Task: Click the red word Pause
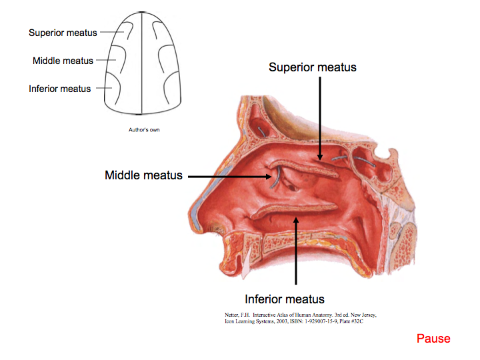433,339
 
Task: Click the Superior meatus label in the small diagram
63,33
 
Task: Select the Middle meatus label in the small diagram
64,61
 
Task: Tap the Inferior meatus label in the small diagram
60,89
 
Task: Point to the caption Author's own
144,130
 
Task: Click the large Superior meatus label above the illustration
313,67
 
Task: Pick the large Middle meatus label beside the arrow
143,175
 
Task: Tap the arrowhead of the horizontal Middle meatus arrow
270,177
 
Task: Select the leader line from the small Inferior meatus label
101,88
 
